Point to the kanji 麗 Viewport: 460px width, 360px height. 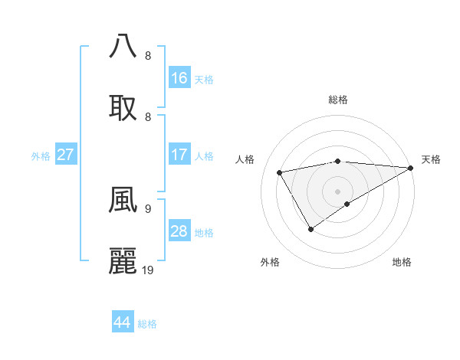click(123, 261)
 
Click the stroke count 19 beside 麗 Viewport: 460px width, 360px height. click(148, 270)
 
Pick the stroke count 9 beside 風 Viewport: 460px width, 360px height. click(147, 208)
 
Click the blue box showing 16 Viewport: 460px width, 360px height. click(179, 78)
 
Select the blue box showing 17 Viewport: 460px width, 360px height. click(179, 155)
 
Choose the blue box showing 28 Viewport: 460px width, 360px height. click(179, 231)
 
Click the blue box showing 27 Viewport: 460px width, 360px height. click(66, 155)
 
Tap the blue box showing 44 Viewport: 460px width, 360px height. click(123, 322)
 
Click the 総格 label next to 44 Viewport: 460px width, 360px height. click(147, 324)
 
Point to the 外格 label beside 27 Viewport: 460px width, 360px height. click(41, 156)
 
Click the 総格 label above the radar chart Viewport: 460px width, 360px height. click(337, 100)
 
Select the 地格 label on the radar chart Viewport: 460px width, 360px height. click(402, 263)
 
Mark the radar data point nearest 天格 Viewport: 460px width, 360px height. click(411, 168)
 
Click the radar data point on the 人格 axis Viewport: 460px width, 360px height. click(280, 172)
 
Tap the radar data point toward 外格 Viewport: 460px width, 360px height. click(311, 228)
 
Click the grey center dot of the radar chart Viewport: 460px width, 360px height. click(337, 191)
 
